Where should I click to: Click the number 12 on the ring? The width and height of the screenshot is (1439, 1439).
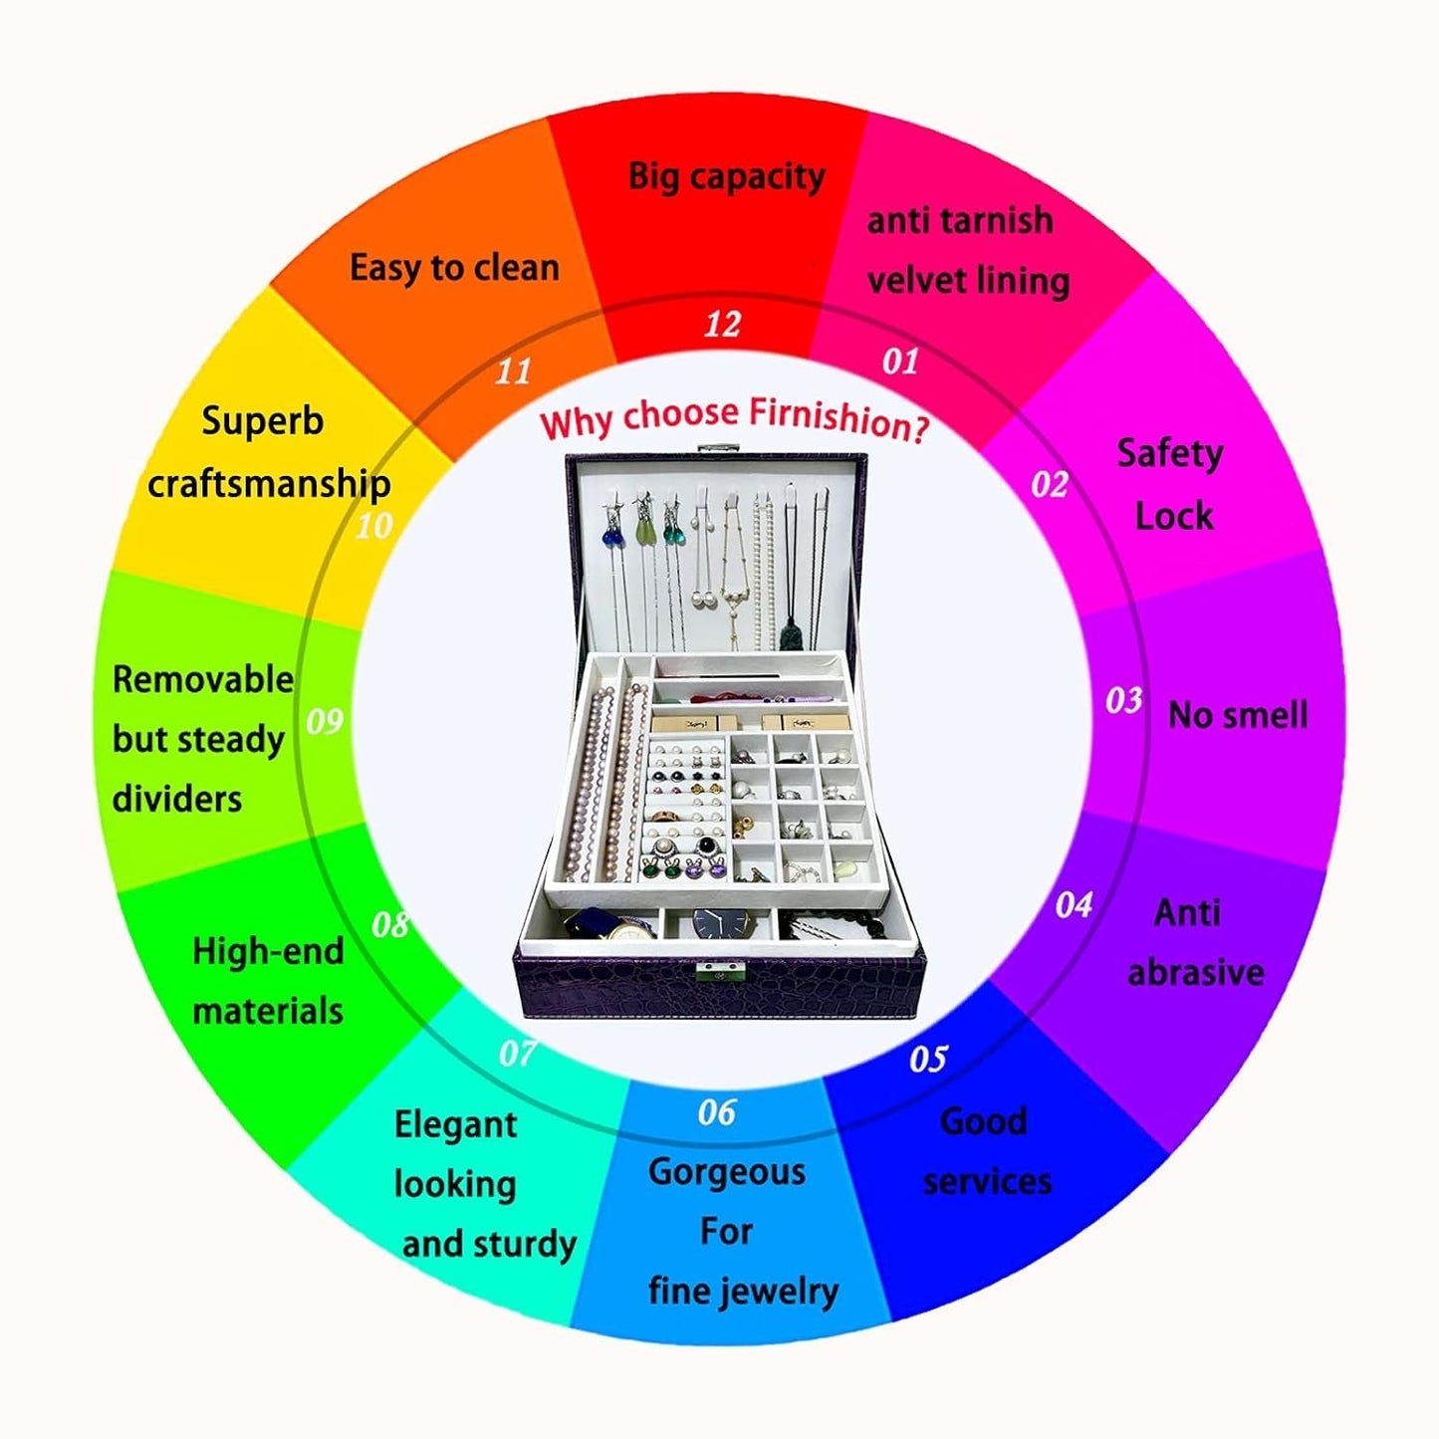point(723,325)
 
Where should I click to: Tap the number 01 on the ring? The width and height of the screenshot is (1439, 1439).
point(900,360)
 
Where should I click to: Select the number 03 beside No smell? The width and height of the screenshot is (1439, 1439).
point(1124,700)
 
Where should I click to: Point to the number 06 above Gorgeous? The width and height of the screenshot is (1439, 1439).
point(717,1112)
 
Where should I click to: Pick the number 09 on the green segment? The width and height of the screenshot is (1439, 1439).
point(325,721)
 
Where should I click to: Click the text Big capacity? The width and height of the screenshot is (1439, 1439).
point(727,176)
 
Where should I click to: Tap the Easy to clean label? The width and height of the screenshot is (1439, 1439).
point(454,268)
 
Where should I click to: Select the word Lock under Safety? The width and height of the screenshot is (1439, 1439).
point(1174,516)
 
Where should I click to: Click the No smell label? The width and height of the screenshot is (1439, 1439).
point(1238,714)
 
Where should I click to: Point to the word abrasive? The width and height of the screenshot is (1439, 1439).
point(1196,972)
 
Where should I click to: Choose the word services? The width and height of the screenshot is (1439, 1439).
point(987,1181)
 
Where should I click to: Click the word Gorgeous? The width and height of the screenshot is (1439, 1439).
point(727,1172)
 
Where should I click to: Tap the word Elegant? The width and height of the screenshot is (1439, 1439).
point(455,1124)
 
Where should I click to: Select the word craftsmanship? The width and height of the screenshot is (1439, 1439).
point(269,484)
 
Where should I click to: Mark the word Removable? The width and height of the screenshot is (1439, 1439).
point(202,679)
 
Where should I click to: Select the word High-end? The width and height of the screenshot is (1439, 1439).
point(268,951)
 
